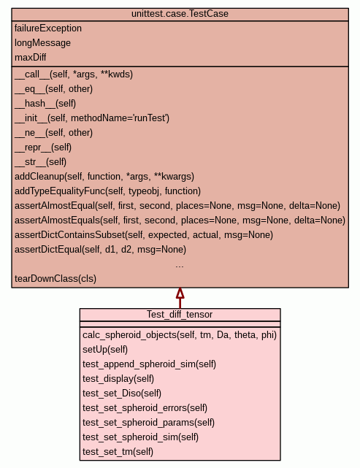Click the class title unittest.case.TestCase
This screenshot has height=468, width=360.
(180, 14)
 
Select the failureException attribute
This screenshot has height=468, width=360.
(48, 28)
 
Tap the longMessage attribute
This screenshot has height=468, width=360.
(42, 43)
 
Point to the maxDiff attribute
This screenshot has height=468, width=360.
(31, 57)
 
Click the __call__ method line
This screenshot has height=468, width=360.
(74, 74)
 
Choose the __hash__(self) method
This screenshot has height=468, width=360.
(45, 103)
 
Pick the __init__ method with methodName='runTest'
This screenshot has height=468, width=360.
(92, 118)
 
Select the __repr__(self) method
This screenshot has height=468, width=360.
(43, 147)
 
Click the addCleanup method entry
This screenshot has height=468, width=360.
(104, 177)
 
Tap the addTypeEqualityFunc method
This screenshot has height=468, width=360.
(108, 191)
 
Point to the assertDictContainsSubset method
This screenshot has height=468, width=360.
(144, 235)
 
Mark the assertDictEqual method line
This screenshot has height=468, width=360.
(100, 250)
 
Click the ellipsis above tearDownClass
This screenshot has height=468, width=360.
(180, 266)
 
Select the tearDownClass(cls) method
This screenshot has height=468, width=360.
(55, 279)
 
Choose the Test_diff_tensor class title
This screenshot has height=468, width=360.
(180, 315)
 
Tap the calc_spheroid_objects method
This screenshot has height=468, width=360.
(180, 335)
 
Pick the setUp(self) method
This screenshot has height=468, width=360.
(105, 350)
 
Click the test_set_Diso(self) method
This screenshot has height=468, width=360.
(122, 394)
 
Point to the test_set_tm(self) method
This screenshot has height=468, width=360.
(118, 452)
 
